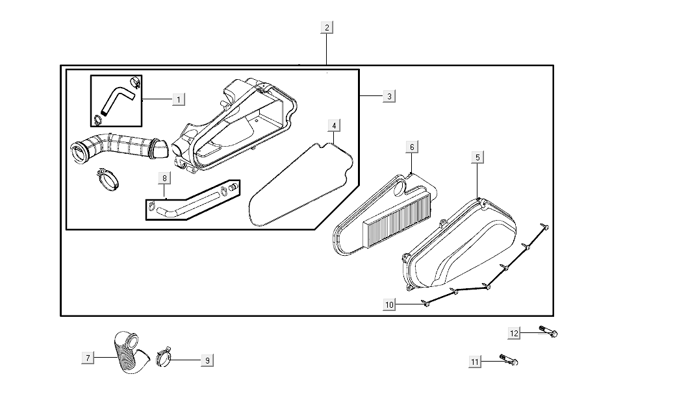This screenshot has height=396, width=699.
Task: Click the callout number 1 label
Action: pos(179,99)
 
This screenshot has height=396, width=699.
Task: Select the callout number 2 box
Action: pos(327,27)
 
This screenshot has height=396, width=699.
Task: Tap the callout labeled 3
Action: pos(388,96)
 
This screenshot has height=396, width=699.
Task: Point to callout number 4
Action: pos(333,125)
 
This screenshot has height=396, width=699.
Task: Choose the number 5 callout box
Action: pos(477,157)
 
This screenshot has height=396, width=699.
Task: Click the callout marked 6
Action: pos(412,147)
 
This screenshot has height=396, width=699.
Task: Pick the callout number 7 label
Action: pos(87,357)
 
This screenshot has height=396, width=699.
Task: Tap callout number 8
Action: pos(164,177)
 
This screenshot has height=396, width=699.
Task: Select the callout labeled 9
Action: pos(207,360)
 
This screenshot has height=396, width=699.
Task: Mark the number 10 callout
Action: pos(389,304)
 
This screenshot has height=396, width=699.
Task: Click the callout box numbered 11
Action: pos(476,362)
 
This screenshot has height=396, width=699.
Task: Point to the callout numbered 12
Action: pos(515,333)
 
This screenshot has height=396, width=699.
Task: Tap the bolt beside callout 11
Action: pos(509,359)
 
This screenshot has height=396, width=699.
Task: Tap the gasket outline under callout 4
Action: pos(301,185)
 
